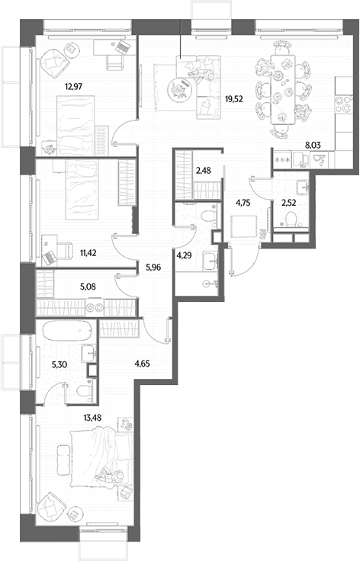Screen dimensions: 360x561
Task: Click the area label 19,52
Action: (x=233, y=99)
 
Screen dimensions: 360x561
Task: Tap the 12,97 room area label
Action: (x=73, y=86)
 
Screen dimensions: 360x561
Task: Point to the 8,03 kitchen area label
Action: (x=312, y=145)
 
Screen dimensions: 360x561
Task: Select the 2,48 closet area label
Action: (x=203, y=171)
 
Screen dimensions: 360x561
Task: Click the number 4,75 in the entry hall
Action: (x=243, y=203)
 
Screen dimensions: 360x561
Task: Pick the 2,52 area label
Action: (x=288, y=203)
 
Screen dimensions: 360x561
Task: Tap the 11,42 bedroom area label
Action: (x=88, y=253)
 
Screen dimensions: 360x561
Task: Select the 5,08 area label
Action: (x=88, y=287)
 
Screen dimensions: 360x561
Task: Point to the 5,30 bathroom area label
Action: (x=60, y=364)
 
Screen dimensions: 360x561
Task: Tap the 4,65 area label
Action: (x=142, y=364)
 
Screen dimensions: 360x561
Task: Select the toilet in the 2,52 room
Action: (x=291, y=219)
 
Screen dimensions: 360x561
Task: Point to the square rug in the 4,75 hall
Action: (x=244, y=226)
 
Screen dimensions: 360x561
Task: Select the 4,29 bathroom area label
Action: (x=183, y=256)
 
